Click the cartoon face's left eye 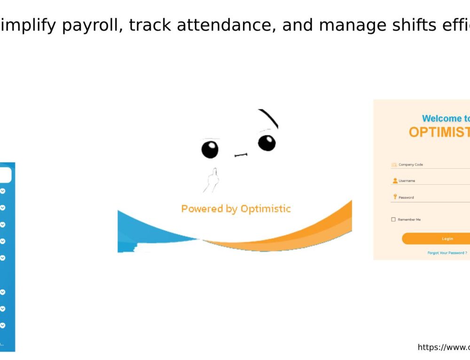coord(210,149)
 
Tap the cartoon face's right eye coord(266,142)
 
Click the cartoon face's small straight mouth coord(241,155)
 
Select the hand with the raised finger coord(211,180)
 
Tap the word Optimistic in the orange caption coord(266,209)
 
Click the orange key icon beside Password coord(395,197)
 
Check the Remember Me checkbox coord(393,219)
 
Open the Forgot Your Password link coord(447,253)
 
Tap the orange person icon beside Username coord(395,180)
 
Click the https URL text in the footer coord(443,347)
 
